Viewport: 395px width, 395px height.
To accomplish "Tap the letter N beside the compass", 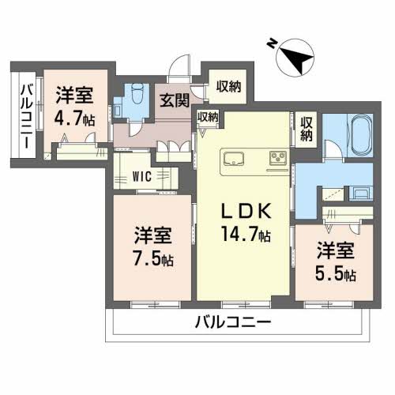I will click(271, 43).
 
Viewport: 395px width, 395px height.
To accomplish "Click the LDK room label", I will click(244, 212).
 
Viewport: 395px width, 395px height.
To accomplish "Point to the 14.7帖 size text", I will click(245, 234).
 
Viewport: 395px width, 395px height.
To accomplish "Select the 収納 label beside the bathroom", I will click(307, 130).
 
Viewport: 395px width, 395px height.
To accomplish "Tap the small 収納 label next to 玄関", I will click(208, 116).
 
